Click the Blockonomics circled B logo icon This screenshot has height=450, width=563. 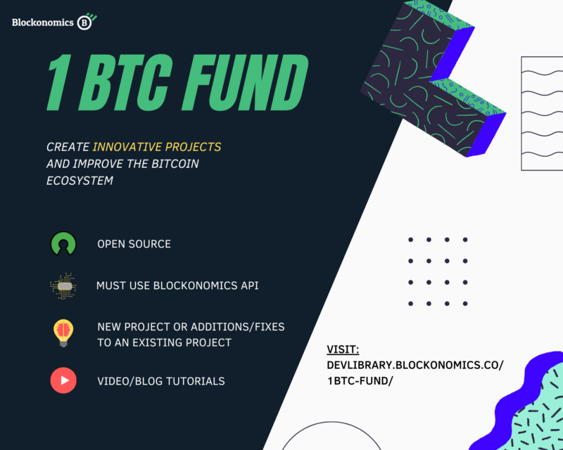86,22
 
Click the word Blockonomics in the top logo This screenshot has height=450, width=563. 43,22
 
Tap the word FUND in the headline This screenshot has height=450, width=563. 245,82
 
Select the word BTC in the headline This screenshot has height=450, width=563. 126,82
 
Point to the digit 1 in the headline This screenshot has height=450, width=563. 58,82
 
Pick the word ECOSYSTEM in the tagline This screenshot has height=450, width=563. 80,181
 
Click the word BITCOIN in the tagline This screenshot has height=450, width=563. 175,164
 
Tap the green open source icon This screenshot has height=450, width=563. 63,243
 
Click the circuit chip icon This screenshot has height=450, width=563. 63,285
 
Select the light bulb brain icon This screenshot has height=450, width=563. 63,333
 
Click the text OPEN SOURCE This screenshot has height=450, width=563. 134,244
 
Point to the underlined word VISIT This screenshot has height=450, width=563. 343,349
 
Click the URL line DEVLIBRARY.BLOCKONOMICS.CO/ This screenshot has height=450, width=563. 415,365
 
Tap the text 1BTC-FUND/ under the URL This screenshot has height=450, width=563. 360,380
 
